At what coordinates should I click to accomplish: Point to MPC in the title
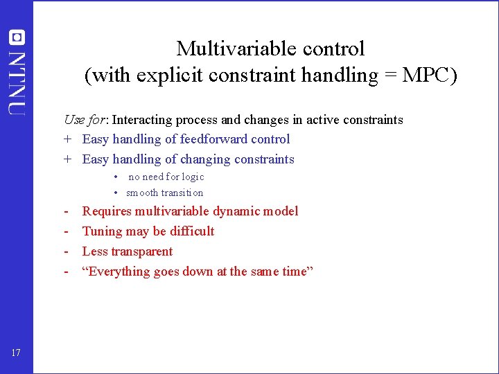(x=430, y=75)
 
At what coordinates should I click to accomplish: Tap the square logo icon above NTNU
(x=17, y=37)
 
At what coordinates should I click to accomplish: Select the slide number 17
(x=16, y=353)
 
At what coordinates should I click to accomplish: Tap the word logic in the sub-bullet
(x=193, y=177)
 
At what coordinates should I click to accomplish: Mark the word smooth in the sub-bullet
(x=142, y=193)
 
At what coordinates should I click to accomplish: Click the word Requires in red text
(x=107, y=211)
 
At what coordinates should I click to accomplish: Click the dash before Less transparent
(x=67, y=251)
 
